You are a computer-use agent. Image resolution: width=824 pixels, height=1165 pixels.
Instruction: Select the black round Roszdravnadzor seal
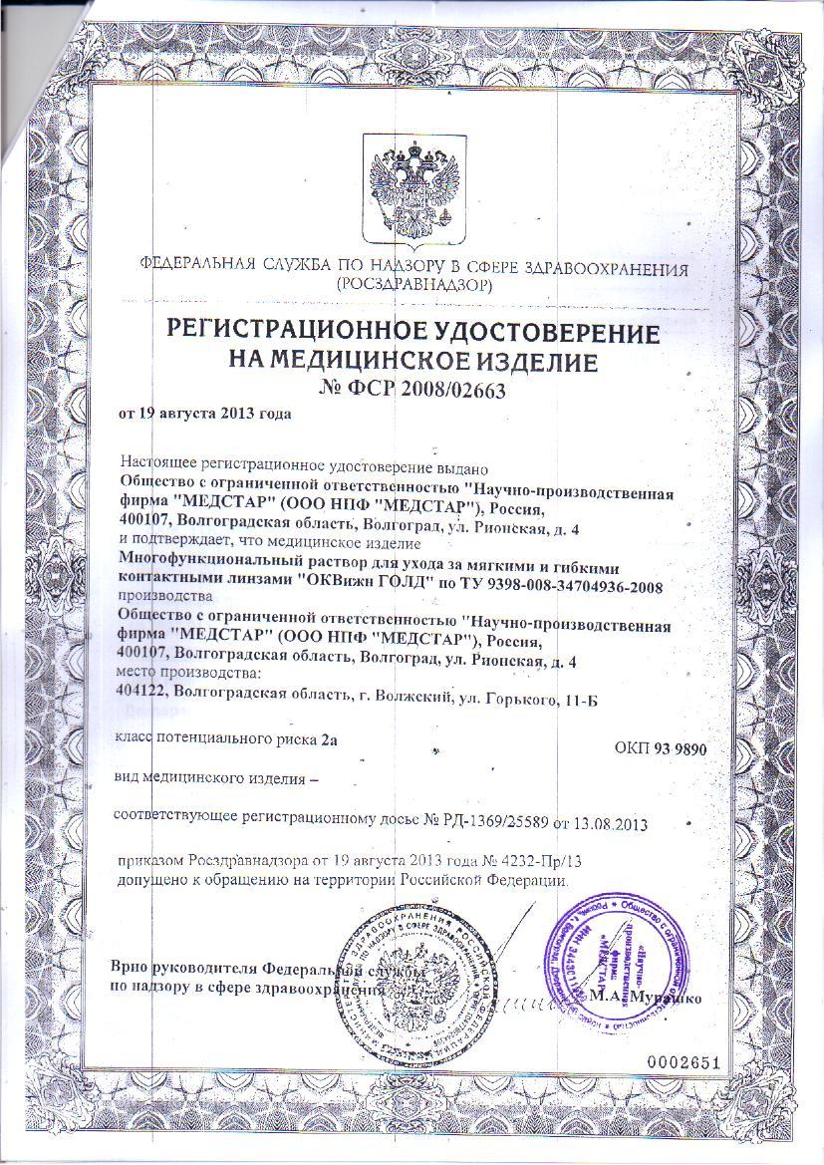tap(411, 987)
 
